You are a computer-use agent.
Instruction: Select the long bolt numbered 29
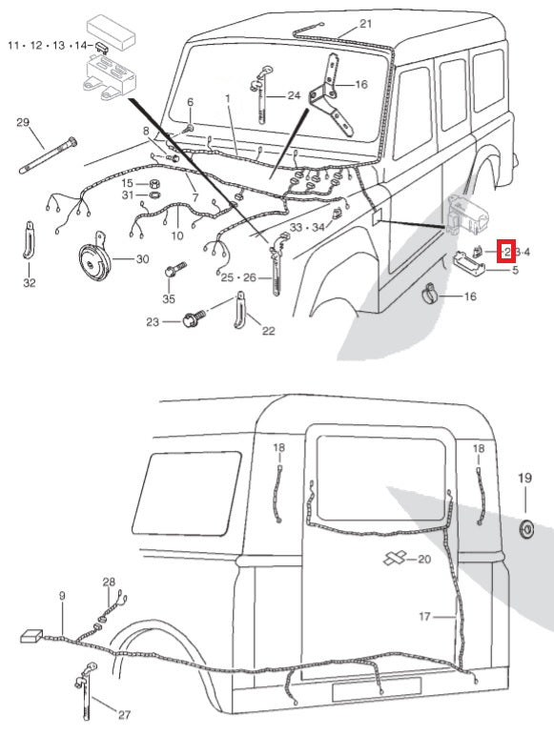click(48, 155)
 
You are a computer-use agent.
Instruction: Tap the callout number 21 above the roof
click(366, 24)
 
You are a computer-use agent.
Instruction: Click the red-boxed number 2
click(506, 252)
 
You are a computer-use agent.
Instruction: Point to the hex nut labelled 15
click(154, 184)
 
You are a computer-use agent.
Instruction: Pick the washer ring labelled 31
click(154, 195)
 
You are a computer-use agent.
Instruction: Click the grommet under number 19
click(526, 529)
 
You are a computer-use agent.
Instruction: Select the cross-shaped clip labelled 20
click(396, 559)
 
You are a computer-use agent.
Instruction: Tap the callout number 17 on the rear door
click(424, 616)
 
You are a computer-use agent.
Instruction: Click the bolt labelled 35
click(175, 269)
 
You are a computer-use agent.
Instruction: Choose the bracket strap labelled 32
click(30, 240)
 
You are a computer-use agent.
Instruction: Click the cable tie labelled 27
click(85, 691)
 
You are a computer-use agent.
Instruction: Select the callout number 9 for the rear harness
click(62, 596)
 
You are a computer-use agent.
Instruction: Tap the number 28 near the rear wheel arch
click(109, 582)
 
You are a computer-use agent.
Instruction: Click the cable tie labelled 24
click(261, 94)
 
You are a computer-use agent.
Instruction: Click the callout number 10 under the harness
click(177, 235)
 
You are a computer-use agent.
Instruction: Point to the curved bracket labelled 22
click(239, 310)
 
